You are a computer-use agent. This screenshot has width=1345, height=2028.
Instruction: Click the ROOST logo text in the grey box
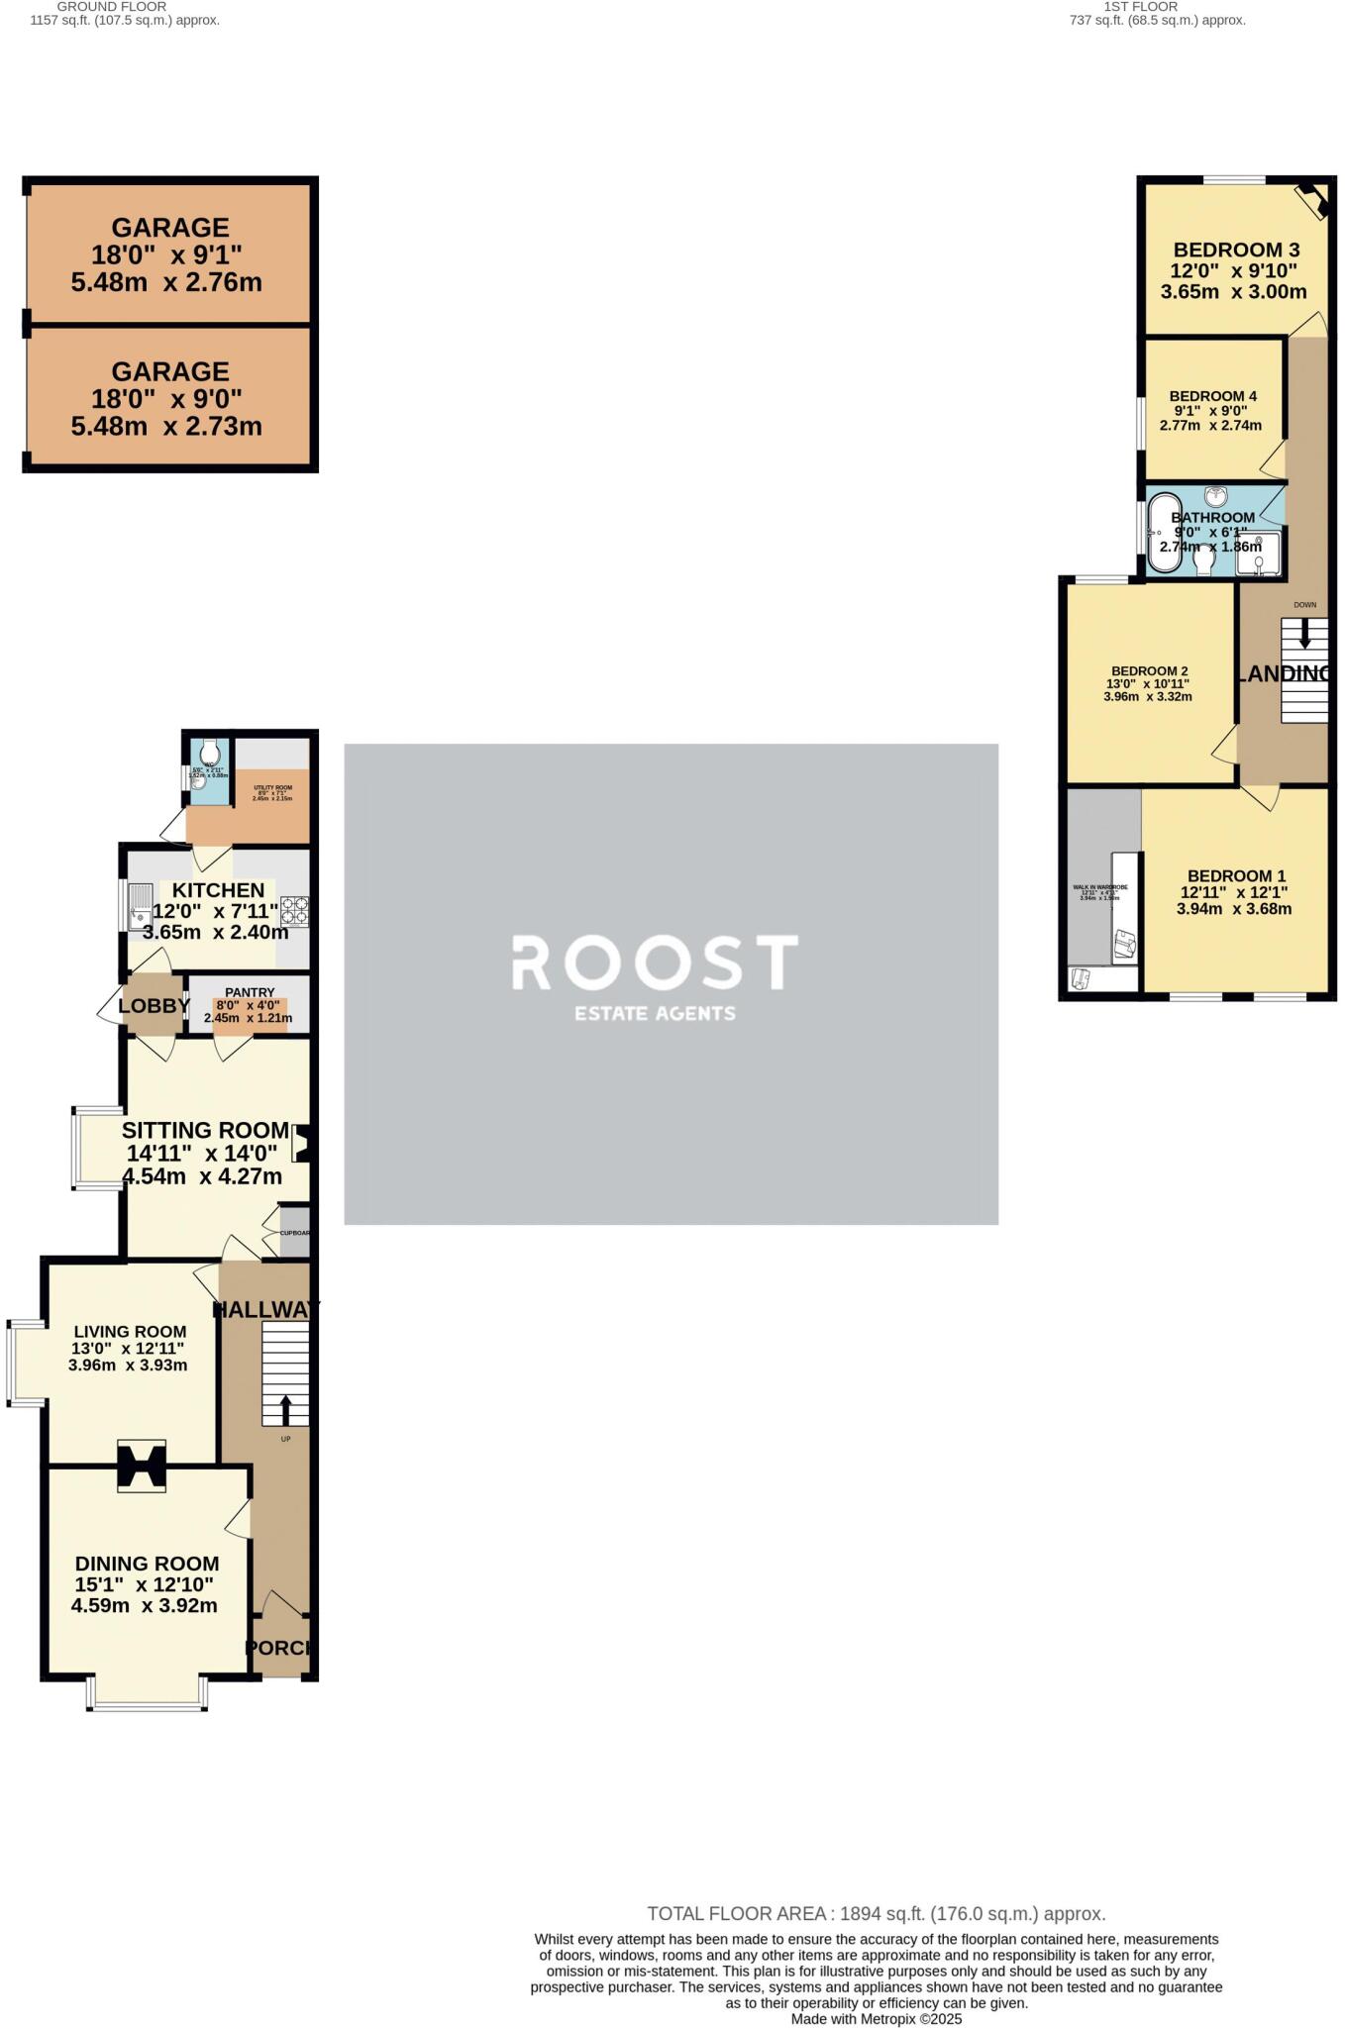pyautogui.click(x=654, y=962)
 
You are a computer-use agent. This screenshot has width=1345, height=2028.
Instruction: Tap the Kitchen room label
pyautogui.click(x=218, y=889)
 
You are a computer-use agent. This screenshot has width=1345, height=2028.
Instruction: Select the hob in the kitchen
pyautogui.click(x=295, y=910)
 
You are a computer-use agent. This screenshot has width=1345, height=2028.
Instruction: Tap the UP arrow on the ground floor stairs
pyautogui.click(x=286, y=1409)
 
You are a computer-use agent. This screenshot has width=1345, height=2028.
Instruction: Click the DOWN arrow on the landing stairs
pyautogui.click(x=1304, y=632)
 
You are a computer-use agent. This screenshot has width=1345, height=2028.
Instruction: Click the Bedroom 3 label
pyautogui.click(x=1236, y=250)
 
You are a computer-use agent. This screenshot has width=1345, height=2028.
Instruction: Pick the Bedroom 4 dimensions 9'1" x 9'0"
pyautogui.click(x=1210, y=411)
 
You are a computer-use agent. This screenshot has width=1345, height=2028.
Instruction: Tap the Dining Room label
pyautogui.click(x=147, y=1563)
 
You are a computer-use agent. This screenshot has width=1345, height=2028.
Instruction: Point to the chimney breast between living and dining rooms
pyautogui.click(x=142, y=1466)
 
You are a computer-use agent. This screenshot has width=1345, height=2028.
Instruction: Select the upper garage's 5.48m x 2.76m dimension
pyautogui.click(x=166, y=282)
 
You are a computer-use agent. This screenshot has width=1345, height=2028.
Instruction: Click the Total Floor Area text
pyautogui.click(x=876, y=1914)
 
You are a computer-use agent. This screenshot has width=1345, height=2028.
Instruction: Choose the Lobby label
pyautogui.click(x=154, y=1006)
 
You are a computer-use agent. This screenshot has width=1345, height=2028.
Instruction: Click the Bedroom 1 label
pyautogui.click(x=1236, y=875)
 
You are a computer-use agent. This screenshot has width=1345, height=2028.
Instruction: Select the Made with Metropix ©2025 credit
pyautogui.click(x=876, y=2019)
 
